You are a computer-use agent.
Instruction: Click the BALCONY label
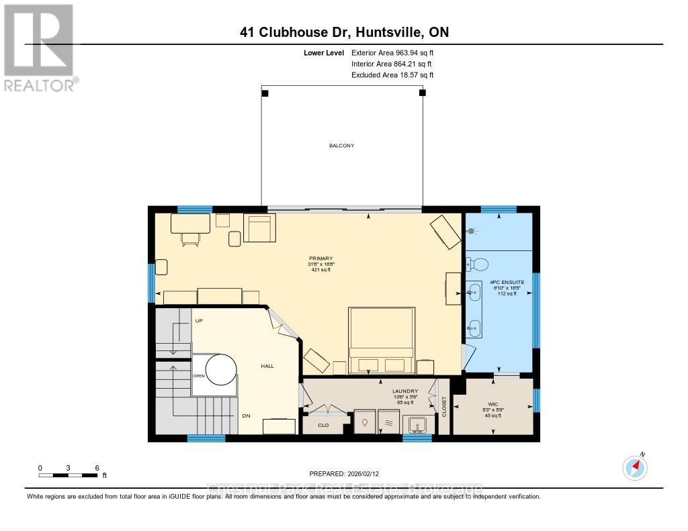(x=341, y=146)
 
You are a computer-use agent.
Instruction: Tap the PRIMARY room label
(x=320, y=258)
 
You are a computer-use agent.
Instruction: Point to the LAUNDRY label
(x=405, y=391)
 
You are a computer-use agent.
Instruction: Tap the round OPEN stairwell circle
(x=221, y=369)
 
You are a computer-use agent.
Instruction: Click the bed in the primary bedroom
(x=380, y=340)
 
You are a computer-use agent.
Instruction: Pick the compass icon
(x=635, y=467)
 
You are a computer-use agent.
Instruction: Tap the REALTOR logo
(x=38, y=47)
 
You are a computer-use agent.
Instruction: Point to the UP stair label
(x=199, y=321)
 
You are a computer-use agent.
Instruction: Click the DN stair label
(x=247, y=416)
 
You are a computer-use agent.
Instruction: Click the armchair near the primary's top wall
(x=260, y=229)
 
